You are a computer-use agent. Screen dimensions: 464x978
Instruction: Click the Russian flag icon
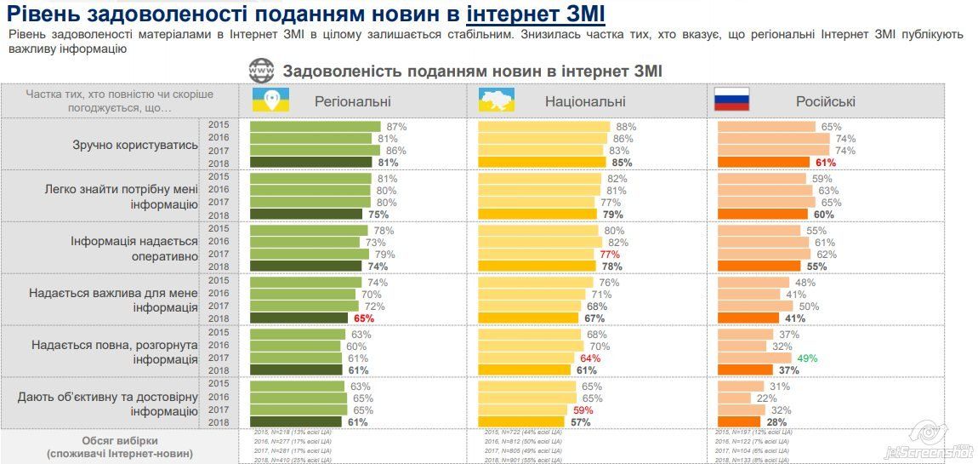[x=731, y=100]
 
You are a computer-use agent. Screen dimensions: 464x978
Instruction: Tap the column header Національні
[x=584, y=101]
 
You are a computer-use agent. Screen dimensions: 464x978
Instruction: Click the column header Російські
[x=825, y=101]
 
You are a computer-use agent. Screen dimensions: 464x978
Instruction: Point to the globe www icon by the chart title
[x=260, y=71]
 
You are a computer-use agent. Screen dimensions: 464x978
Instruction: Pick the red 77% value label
[x=611, y=255]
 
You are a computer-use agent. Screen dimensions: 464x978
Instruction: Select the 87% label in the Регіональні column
[x=396, y=127]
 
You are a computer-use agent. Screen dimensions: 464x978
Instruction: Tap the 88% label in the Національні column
[x=626, y=127]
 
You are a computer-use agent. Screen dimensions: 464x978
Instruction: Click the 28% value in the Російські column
[x=775, y=421]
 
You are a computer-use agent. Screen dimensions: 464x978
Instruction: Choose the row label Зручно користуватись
[x=135, y=145]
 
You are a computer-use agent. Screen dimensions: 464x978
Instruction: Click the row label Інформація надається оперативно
[x=135, y=248]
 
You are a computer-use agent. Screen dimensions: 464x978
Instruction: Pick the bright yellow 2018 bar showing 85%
[x=541, y=163]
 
